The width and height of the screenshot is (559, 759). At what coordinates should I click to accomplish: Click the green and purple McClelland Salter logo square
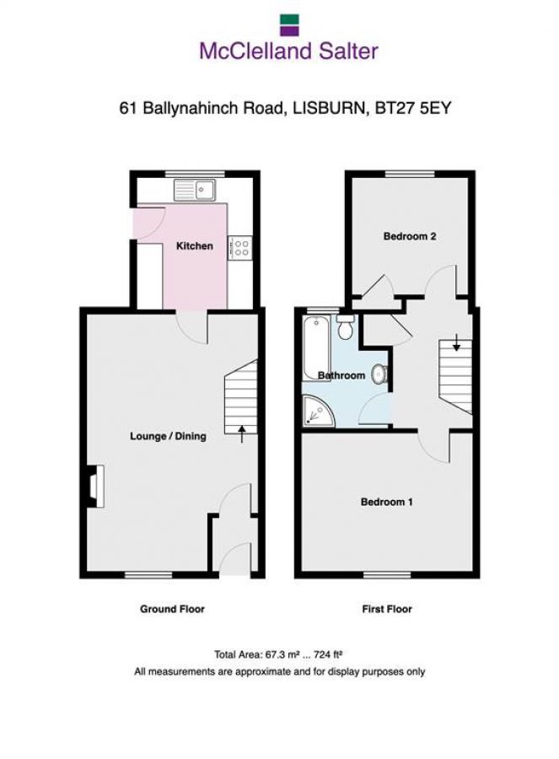(288, 23)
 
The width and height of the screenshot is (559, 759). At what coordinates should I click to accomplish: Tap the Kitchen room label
(194, 246)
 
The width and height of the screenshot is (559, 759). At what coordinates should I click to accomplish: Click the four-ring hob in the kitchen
(240, 247)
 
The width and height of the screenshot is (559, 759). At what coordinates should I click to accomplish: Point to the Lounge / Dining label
(168, 437)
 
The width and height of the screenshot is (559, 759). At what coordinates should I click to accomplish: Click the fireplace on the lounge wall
(94, 487)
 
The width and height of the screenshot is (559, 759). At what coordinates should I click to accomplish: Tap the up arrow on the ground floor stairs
(243, 434)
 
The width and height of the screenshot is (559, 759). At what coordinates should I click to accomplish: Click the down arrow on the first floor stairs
(456, 341)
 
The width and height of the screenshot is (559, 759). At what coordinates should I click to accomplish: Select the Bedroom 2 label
(410, 237)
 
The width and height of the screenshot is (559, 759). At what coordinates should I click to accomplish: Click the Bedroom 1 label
(387, 503)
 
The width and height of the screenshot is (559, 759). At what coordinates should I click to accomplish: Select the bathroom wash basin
(381, 373)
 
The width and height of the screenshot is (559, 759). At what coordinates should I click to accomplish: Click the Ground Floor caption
(172, 609)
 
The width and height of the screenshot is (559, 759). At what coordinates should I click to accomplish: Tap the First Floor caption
(387, 609)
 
